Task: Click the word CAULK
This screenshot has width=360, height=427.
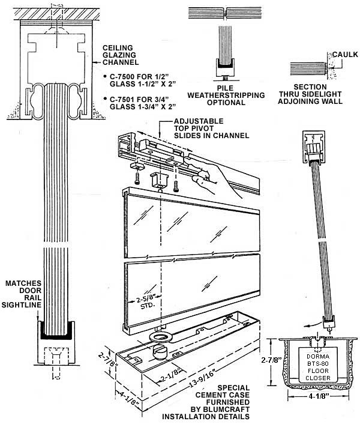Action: click(344, 54)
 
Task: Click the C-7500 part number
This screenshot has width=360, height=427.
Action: click(124, 76)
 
